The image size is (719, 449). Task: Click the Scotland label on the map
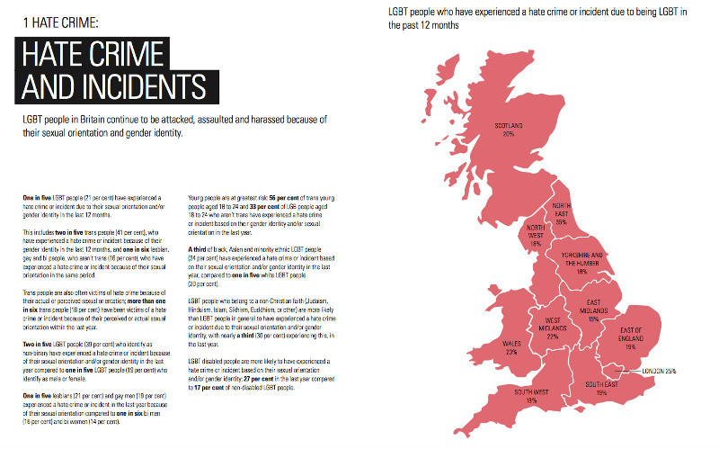point(508,125)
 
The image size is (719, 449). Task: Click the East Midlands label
point(594,306)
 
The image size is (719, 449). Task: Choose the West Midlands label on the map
point(552,326)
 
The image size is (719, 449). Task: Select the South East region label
point(601,384)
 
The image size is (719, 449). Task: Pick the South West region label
point(532,392)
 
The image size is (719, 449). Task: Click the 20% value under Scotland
point(509,133)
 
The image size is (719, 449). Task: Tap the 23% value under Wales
point(511,353)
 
